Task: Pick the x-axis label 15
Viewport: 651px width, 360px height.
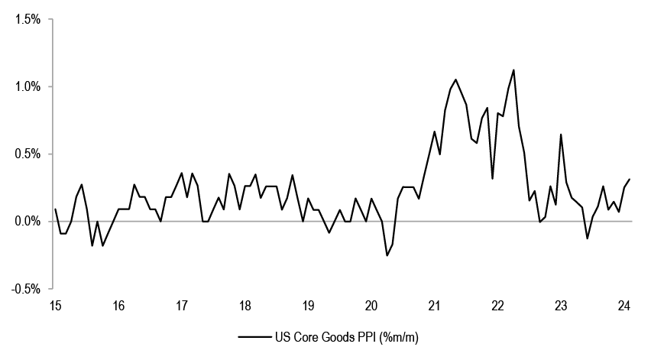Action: [55, 306]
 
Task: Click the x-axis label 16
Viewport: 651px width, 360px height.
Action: [118, 306]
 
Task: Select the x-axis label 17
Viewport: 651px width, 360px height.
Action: [181, 306]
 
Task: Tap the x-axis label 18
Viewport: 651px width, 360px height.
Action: [245, 306]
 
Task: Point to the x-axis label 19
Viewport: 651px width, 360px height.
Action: [308, 306]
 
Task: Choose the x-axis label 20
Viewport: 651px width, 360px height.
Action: [371, 306]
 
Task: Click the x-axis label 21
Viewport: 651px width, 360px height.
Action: [434, 306]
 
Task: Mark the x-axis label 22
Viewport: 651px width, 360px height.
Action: [497, 306]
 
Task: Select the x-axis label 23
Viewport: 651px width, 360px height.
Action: [561, 306]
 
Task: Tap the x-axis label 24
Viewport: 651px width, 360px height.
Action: [623, 306]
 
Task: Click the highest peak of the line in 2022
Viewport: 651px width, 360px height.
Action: [513, 70]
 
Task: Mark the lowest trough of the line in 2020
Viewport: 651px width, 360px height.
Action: [387, 255]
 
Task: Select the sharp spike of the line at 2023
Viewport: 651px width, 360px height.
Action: [561, 135]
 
